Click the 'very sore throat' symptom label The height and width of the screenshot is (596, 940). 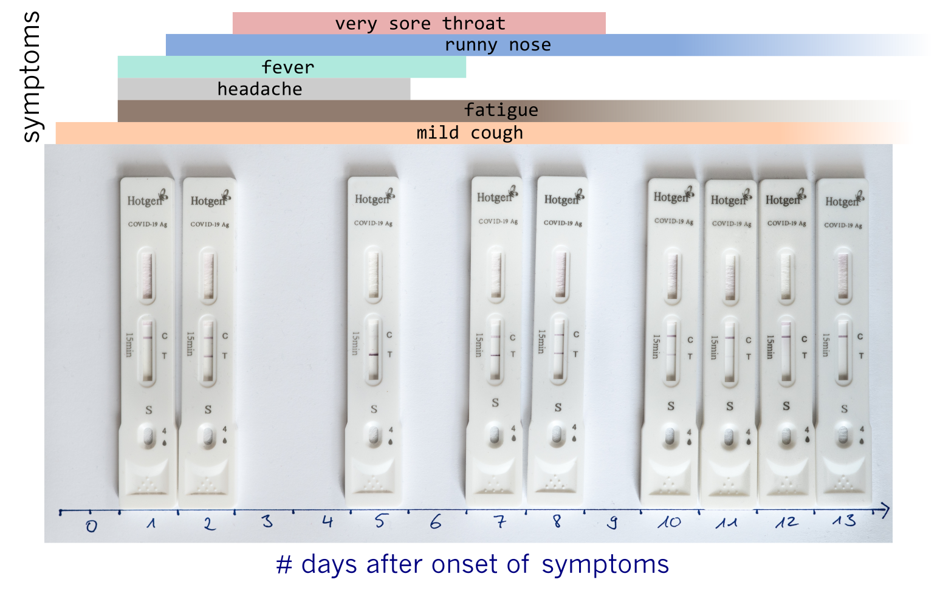click(420, 24)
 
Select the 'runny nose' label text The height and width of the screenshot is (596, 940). click(498, 44)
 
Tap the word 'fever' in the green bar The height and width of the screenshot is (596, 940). click(288, 67)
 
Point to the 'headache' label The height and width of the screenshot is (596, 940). click(259, 89)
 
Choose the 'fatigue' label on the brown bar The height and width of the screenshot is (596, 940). click(501, 111)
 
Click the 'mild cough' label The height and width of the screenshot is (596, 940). click(470, 133)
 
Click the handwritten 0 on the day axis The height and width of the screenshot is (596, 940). click(92, 526)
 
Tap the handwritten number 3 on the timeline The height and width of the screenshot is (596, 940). click(267, 521)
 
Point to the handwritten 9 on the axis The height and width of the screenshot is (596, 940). click(612, 522)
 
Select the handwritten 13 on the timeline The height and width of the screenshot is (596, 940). click(844, 521)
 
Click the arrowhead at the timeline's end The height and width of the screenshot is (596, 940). click(885, 510)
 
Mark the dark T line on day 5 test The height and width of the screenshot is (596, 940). click(374, 355)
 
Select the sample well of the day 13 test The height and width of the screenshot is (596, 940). click(843, 435)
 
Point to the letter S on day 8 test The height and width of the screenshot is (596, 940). click(558, 407)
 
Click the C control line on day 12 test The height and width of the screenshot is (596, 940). click(786, 337)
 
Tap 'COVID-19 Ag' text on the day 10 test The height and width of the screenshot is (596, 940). click(674, 221)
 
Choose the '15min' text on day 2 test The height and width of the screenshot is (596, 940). click(190, 344)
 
